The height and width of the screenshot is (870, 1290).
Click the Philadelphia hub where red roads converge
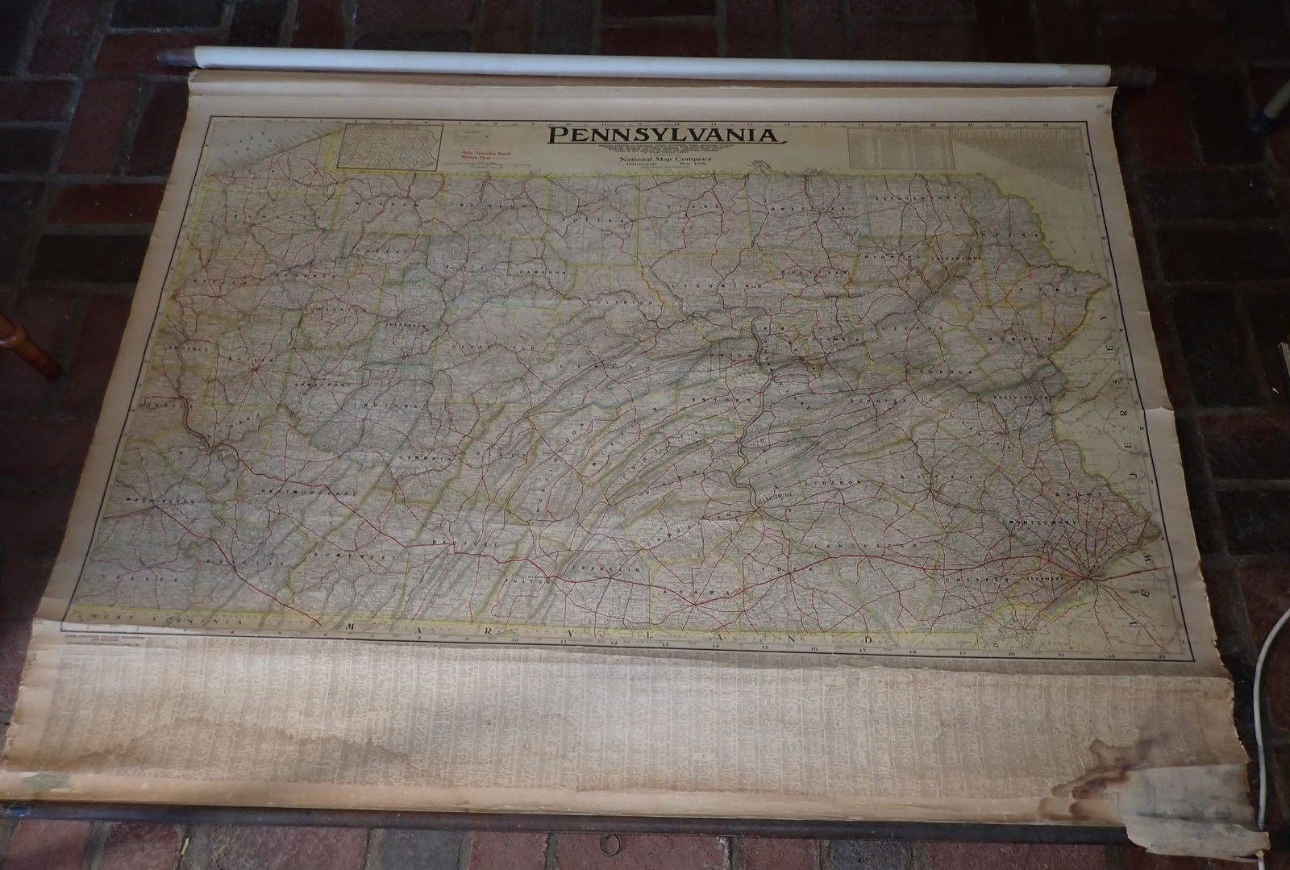click(1088, 576)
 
